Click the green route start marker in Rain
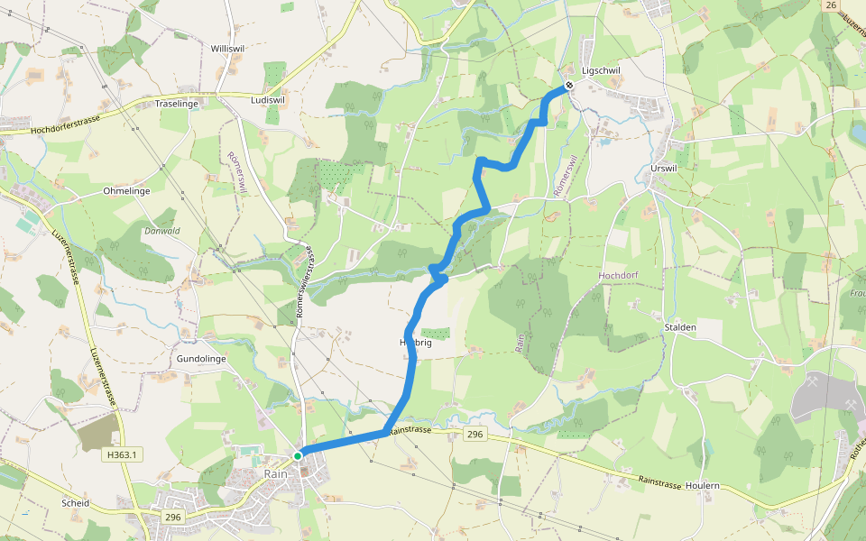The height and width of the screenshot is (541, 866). coord(298,455)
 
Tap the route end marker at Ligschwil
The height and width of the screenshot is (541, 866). coord(569,87)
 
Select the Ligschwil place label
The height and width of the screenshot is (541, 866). coord(601,70)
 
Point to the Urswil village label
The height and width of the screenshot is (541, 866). coord(662,169)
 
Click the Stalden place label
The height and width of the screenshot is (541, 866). coord(679,327)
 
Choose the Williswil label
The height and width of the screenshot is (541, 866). coord(226,48)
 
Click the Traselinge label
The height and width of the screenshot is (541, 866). coord(177,105)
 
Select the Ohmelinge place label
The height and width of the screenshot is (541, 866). coord(126,191)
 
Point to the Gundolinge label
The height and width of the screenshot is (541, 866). coord(200,358)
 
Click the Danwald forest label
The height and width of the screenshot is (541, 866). coord(162,231)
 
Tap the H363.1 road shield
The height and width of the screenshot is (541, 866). coord(121,455)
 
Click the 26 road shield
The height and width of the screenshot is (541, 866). coord(831,5)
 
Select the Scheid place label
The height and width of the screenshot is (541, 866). coord(75,503)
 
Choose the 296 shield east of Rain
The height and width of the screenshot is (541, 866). coord(475,436)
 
